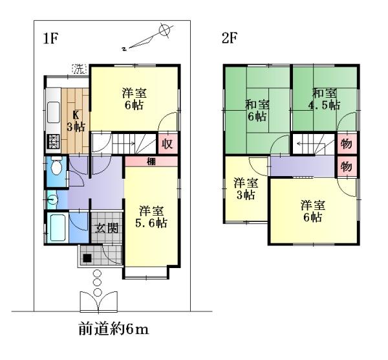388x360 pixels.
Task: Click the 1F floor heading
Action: [x=51, y=38]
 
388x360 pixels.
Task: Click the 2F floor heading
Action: [x=230, y=38]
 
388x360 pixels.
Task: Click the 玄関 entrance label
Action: [x=105, y=228]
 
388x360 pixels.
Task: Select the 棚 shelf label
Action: [x=149, y=161]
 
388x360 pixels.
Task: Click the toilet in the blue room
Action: [x=55, y=170]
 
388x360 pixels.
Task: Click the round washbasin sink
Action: [x=50, y=199]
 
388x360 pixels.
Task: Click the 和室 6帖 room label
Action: [x=257, y=110]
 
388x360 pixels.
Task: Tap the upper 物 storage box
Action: [x=346, y=143]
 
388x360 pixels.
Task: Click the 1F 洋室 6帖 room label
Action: [x=134, y=98]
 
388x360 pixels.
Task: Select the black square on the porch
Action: [x=87, y=257]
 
